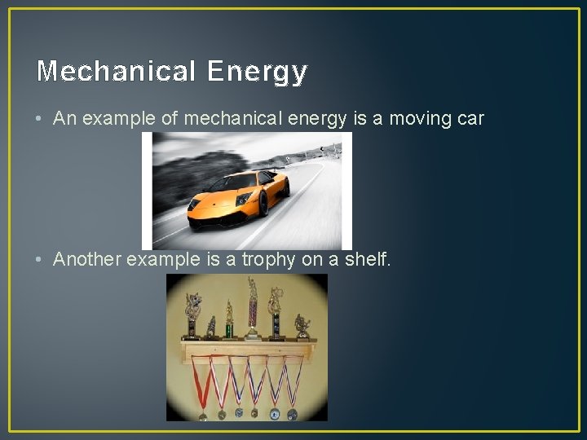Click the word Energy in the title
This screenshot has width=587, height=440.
257,73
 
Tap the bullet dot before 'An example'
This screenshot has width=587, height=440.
41,119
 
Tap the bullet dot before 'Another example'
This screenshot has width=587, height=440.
41,260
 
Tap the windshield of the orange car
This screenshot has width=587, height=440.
245,179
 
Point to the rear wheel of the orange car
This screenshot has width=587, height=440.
263,202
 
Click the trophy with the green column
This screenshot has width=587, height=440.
229,322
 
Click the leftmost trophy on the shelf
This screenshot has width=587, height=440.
192,316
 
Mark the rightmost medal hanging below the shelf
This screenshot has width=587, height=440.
292,414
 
